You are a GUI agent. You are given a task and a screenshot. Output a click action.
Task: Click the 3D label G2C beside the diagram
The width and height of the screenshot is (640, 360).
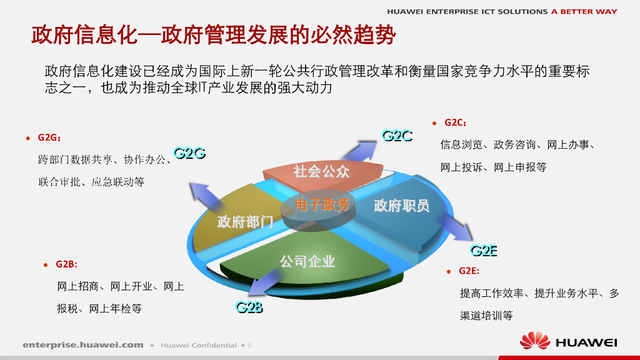pyautogui.click(x=397, y=136)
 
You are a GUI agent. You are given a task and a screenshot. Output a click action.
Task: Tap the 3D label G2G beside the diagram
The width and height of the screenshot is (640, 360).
pyautogui.click(x=189, y=153)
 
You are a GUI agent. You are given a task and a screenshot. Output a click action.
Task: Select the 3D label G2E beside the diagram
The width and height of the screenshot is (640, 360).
pyautogui.click(x=484, y=250)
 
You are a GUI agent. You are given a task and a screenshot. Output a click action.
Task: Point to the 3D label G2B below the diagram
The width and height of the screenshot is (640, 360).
pyautogui.click(x=249, y=307)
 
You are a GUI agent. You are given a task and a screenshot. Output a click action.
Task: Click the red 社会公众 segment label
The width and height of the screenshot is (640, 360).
pyautogui.click(x=322, y=171)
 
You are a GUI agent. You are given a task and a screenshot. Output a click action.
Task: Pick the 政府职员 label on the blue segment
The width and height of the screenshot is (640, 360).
pyautogui.click(x=402, y=205)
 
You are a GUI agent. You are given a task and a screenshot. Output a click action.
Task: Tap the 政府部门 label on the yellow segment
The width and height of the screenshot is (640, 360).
pyautogui.click(x=245, y=222)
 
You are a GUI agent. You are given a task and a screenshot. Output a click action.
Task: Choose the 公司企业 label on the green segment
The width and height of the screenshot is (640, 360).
pyautogui.click(x=307, y=261)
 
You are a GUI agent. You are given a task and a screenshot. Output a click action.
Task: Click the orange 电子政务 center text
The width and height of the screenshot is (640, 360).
pyautogui.click(x=322, y=204)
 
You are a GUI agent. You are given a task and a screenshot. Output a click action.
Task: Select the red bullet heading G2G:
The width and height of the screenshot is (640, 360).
pyautogui.click(x=49, y=137)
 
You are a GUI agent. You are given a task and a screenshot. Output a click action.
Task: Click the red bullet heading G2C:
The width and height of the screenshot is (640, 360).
pyautogui.click(x=455, y=122)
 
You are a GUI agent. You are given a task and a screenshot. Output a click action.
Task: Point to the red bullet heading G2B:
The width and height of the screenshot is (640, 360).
pyautogui.click(x=66, y=264)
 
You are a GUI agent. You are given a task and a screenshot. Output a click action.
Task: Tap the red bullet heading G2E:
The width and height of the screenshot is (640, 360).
pyautogui.click(x=469, y=271)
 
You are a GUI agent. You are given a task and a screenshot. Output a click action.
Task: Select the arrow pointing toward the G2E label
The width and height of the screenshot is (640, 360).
pyautogui.click(x=455, y=226)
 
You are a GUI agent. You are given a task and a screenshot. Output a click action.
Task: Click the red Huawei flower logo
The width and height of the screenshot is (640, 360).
pyautogui.click(x=535, y=341)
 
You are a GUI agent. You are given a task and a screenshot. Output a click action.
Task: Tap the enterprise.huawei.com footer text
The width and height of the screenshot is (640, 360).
pyautogui.click(x=83, y=345)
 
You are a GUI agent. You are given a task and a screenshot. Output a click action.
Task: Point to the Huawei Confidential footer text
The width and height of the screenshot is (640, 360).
pyautogui.click(x=198, y=345)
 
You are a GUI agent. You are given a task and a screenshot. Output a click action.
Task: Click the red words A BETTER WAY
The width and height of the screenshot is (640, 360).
pyautogui.click(x=584, y=11)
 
